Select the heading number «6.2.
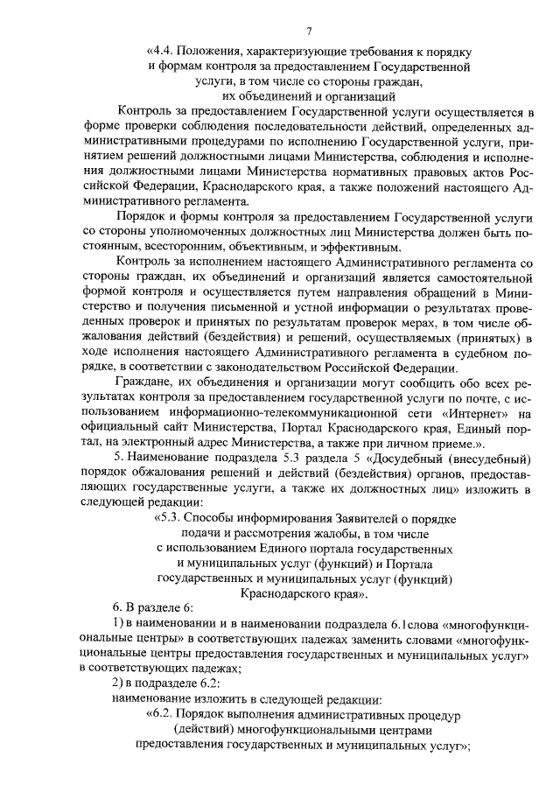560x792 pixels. (x=164, y=715)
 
